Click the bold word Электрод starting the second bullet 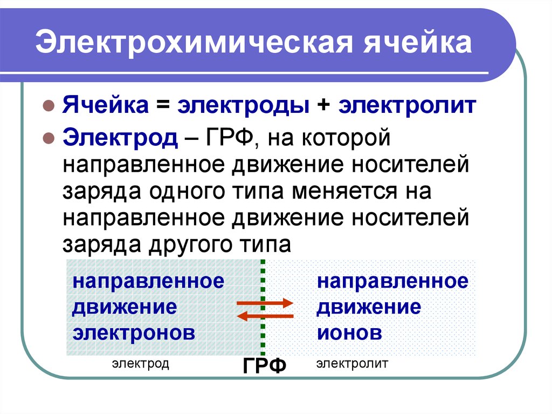(120, 138)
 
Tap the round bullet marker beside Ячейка (49, 106)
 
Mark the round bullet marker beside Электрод (49, 138)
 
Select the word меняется (344, 192)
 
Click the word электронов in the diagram (134, 333)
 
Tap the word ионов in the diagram (349, 333)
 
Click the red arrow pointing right (265, 303)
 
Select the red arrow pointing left (265, 316)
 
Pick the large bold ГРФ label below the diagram (264, 365)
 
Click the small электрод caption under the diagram (141, 364)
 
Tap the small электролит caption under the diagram (351, 363)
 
